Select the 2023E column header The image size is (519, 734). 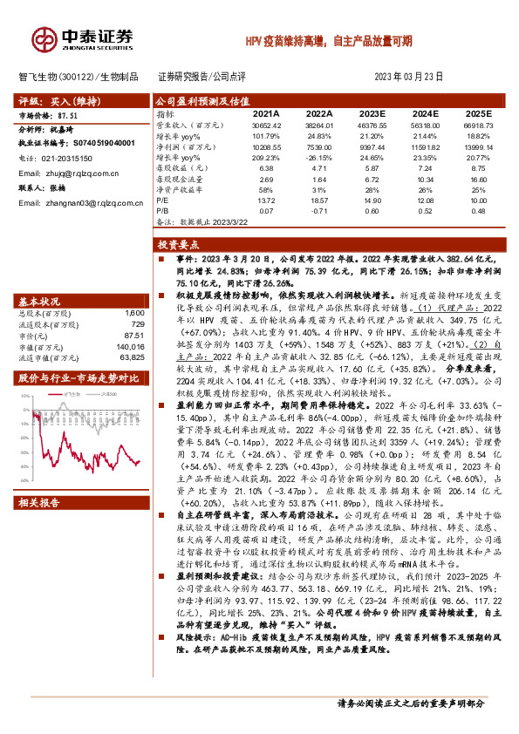pyautogui.click(x=370, y=113)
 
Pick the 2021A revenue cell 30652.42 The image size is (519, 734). pyautogui.click(x=265, y=126)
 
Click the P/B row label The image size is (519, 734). pyautogui.click(x=162, y=210)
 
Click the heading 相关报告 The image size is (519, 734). pyautogui.click(x=40, y=503)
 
